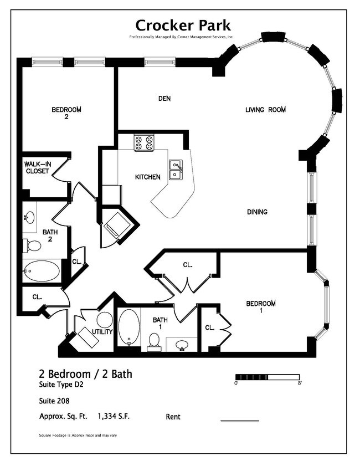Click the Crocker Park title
click(183, 25)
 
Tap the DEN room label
click(164, 99)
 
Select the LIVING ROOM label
click(265, 110)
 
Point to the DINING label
click(258, 212)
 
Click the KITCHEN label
click(148, 177)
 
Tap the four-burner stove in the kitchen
click(144, 143)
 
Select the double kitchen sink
click(176, 169)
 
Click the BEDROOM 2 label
click(66, 113)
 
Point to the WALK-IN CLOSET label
click(37, 168)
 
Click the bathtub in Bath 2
click(42, 272)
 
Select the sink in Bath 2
click(29, 217)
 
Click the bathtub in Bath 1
click(129, 327)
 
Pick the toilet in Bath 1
click(154, 341)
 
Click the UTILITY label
click(102, 332)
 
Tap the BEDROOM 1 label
click(261, 307)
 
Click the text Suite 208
click(54, 401)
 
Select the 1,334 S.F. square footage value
click(116, 416)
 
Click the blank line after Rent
click(240, 420)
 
